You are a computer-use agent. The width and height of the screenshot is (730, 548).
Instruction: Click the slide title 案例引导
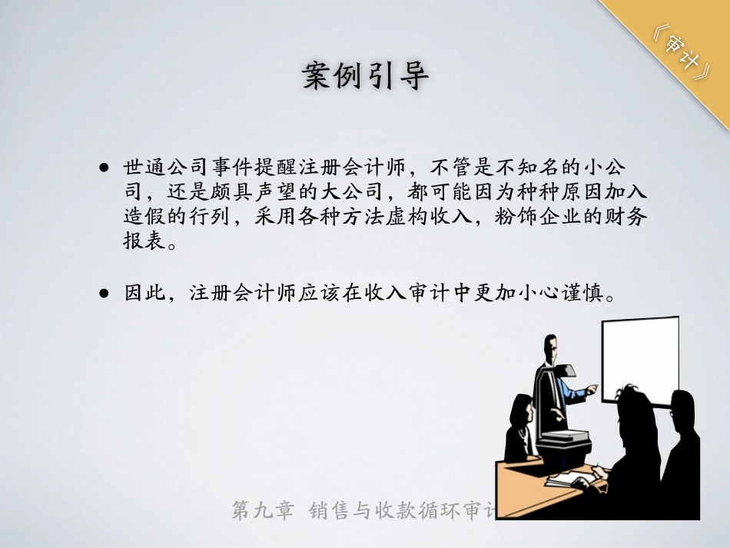coord(365,77)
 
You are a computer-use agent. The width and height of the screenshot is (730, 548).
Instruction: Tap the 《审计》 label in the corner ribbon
coord(679,53)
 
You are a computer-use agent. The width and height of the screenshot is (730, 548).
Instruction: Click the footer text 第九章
coord(263,510)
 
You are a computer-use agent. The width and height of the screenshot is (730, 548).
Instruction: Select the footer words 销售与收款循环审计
coord(403,510)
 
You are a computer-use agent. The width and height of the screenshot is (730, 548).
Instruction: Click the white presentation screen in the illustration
coord(639,358)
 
